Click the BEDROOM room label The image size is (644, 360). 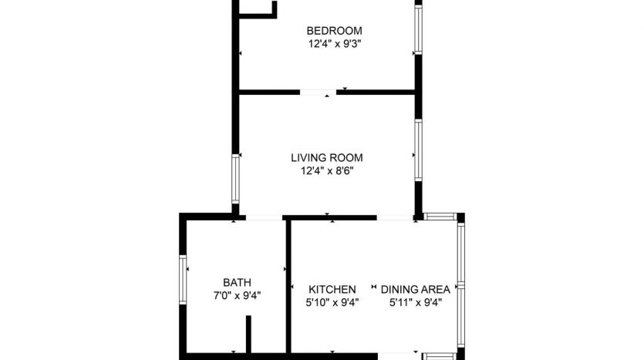pos(334,31)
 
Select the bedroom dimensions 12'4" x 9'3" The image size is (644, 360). pos(335,44)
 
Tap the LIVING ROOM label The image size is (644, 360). pos(327,157)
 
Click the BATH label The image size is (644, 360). pos(237,282)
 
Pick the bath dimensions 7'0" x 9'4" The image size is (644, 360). pos(237,295)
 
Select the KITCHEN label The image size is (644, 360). pos(332,289)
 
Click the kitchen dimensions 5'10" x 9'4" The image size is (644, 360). pos(332,302)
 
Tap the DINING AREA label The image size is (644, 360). pos(415,289)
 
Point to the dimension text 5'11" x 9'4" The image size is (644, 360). pos(416,302)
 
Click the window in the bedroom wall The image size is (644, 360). pos(418,29)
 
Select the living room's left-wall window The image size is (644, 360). pos(235,179)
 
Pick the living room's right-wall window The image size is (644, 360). pos(418,150)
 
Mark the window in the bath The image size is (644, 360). pos(183,280)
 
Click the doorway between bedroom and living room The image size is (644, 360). pos(318,93)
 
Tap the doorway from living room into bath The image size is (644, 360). pos(264,217)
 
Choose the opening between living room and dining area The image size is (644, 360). pos(395,217)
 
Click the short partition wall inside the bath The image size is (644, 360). pos(248,334)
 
